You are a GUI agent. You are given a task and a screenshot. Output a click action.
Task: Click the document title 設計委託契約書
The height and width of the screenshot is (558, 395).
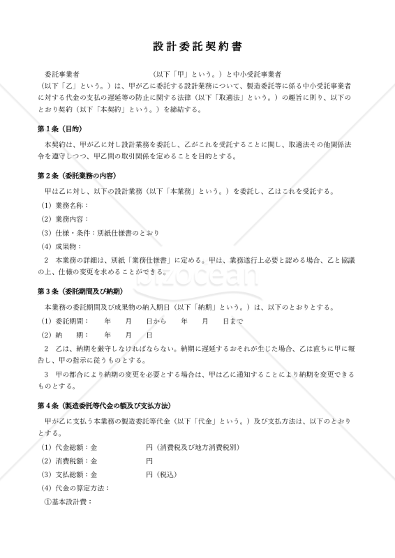[x=197, y=46]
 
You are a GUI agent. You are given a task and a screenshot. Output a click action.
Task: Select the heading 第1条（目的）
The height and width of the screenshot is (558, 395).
[x=60, y=129]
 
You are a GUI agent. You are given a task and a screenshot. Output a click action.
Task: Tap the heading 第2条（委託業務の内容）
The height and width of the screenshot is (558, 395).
[x=77, y=174]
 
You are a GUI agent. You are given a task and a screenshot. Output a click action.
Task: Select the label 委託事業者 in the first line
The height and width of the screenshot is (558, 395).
[x=61, y=73]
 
